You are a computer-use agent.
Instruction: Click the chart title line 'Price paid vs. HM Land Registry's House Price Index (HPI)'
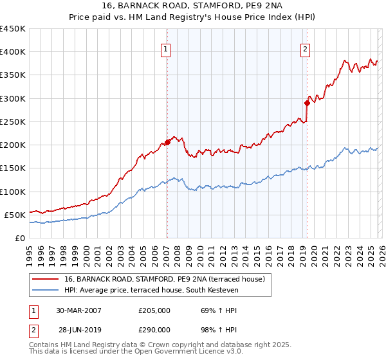[x=193, y=17]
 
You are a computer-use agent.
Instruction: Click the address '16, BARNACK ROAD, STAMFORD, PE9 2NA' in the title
[x=193, y=6]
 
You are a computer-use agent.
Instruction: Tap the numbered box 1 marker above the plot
[x=166, y=49]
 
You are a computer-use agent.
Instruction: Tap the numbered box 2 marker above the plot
[x=305, y=49]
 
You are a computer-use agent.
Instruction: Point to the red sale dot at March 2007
[x=167, y=142]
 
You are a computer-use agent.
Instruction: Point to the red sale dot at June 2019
[x=307, y=103]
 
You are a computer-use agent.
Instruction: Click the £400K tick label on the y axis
[x=12, y=52]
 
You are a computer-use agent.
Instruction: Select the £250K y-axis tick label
[x=12, y=122]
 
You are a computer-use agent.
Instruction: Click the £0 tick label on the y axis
[x=19, y=238]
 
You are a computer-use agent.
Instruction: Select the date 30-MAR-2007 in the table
[x=78, y=310]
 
